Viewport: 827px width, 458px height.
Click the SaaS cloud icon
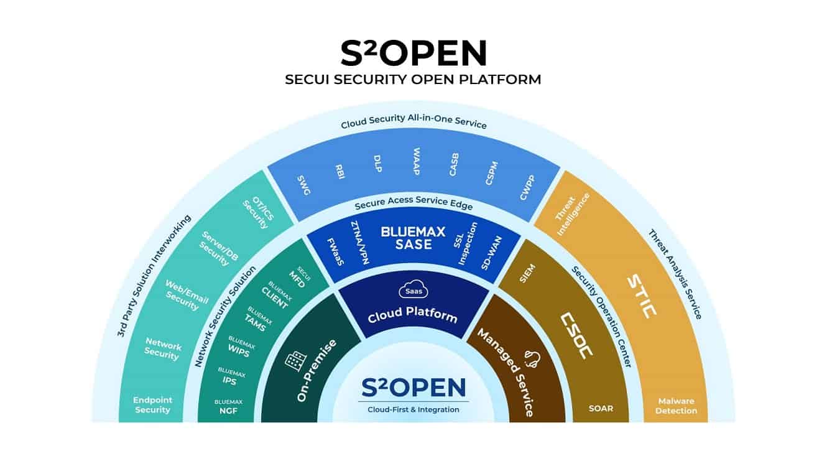[x=410, y=291]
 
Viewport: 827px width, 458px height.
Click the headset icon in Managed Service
[x=533, y=359]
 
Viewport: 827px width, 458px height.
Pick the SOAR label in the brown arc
[x=601, y=409]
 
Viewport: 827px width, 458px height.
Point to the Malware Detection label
[x=677, y=406]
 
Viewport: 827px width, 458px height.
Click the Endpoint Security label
[x=152, y=405]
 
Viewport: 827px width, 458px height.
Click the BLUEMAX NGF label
[x=228, y=406]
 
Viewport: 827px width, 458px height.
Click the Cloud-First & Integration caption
[x=413, y=409]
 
